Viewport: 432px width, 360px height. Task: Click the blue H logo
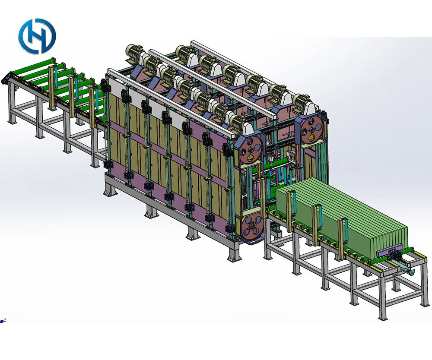tap(37, 36)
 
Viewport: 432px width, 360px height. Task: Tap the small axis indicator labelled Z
tap(3, 321)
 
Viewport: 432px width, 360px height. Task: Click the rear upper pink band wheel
tap(312, 129)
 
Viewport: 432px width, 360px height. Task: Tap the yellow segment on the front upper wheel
tap(251, 158)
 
